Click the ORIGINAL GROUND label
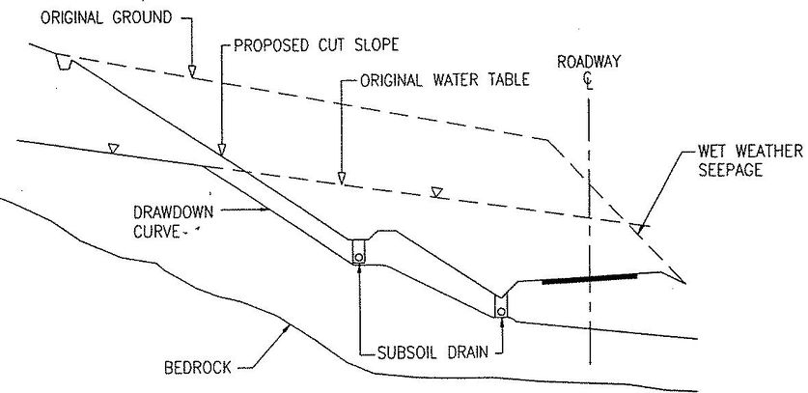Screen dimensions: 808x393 (x=106, y=17)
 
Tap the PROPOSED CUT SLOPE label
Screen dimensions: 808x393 (x=317, y=44)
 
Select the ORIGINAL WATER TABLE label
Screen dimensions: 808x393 (x=445, y=80)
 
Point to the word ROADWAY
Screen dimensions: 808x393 (x=589, y=62)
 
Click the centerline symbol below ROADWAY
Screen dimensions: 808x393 (x=589, y=81)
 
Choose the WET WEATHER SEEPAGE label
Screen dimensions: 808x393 (x=750, y=160)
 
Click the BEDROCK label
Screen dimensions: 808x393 (x=197, y=368)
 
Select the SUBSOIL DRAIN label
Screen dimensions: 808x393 (x=432, y=353)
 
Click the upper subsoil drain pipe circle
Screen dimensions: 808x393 (x=359, y=256)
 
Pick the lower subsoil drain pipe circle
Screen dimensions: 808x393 (x=501, y=311)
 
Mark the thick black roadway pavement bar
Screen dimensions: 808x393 (x=589, y=279)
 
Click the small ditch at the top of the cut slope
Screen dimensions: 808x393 (x=64, y=63)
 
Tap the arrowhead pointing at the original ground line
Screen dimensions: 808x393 (x=192, y=71)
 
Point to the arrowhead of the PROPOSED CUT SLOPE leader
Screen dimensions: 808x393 (x=222, y=150)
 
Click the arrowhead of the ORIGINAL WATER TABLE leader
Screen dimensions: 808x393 (x=341, y=178)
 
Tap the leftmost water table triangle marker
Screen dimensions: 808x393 (x=113, y=149)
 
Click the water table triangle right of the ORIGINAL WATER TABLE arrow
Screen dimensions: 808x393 (x=437, y=192)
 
